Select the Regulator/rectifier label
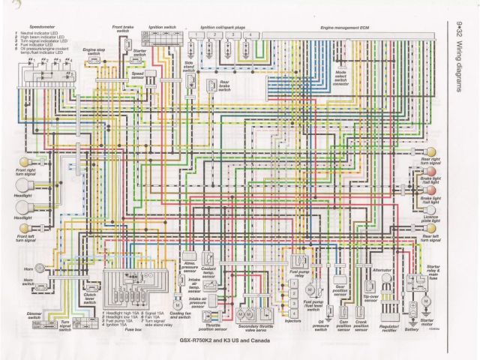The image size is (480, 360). click(391, 328)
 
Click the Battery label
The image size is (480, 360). click(411, 328)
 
